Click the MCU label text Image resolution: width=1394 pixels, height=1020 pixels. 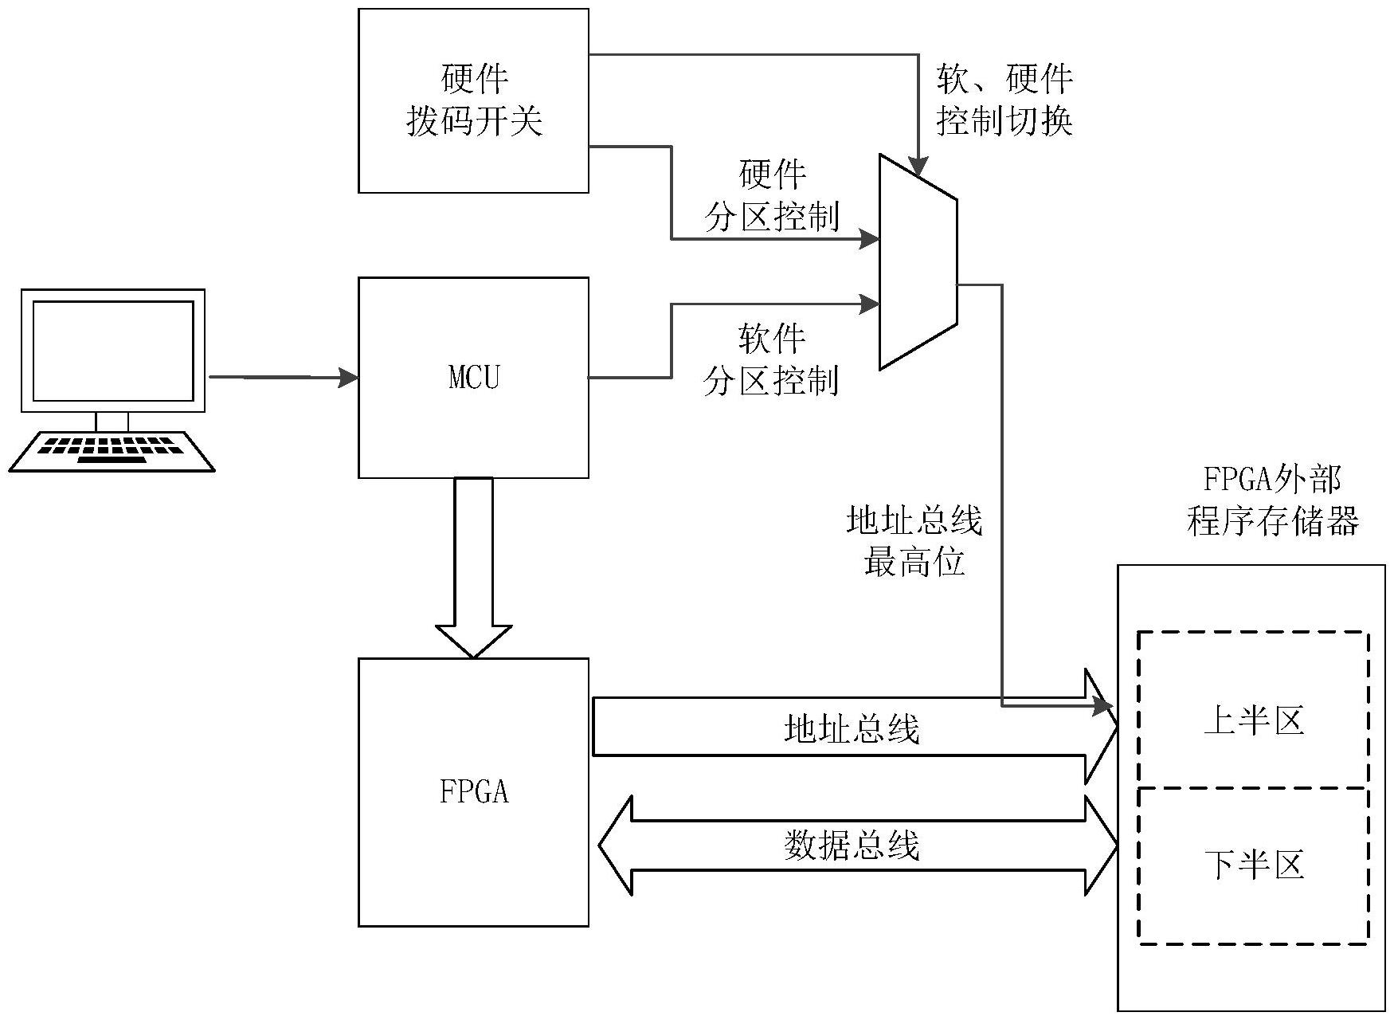[x=474, y=377]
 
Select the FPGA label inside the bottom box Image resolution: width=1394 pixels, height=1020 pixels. [x=474, y=792]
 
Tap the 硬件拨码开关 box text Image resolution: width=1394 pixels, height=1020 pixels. [x=474, y=101]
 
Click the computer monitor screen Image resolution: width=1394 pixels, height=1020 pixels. [x=113, y=351]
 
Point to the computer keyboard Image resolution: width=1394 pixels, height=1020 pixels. [x=112, y=451]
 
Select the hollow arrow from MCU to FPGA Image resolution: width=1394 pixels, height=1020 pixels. [x=473, y=566]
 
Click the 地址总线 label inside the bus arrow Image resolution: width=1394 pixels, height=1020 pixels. [x=852, y=729]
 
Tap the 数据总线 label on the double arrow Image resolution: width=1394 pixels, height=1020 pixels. [x=852, y=845]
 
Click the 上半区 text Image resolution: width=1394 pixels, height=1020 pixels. [x=1254, y=721]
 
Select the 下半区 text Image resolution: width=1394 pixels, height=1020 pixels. [x=1254, y=865]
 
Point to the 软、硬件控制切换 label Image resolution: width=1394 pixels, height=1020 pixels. [x=1005, y=101]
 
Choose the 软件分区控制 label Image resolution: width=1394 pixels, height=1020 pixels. [x=771, y=361]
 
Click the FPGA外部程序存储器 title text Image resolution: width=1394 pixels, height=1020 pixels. [x=1272, y=501]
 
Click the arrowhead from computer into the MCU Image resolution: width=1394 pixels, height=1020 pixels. [x=349, y=378]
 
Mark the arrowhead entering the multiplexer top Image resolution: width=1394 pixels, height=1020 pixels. [x=918, y=167]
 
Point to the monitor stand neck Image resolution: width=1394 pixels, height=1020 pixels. [x=112, y=422]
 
